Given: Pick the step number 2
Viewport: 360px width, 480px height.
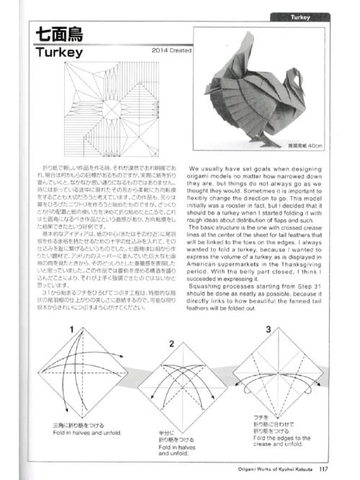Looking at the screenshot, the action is (x=171, y=343).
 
